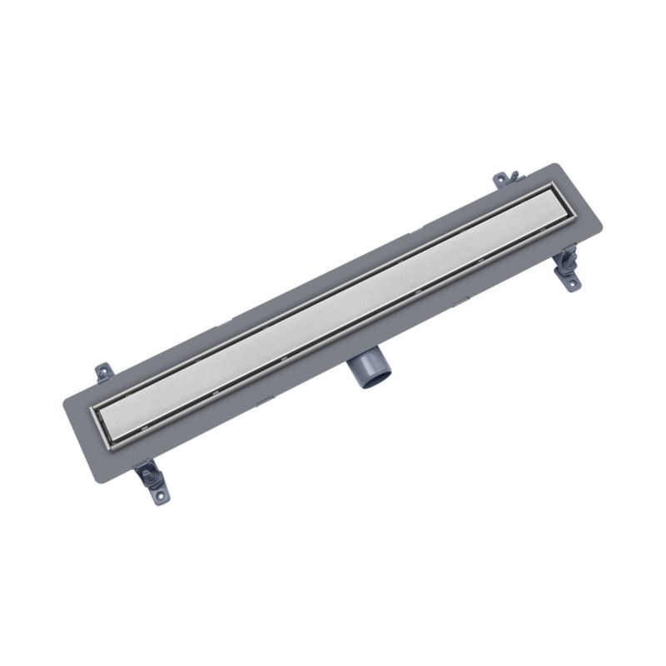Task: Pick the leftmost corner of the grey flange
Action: click(62, 405)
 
